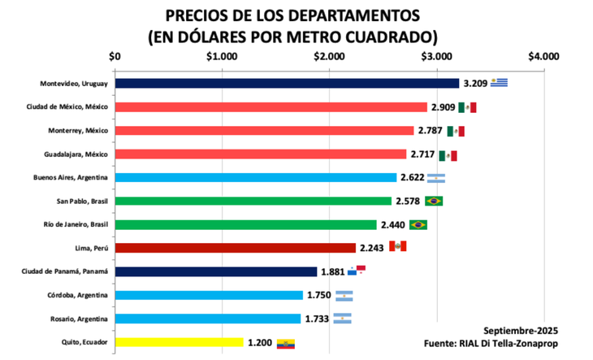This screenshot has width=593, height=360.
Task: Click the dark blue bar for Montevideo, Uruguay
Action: [286, 83]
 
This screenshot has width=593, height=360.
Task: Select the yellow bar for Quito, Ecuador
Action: [179, 342]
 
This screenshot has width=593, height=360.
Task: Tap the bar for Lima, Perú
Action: [235, 248]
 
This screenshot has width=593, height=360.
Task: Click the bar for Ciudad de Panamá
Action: [215, 271]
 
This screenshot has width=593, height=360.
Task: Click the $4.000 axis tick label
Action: [543, 57]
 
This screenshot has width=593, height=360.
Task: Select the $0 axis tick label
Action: [115, 57]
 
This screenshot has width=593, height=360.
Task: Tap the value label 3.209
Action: [475, 83]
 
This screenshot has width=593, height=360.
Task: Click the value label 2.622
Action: [412, 177]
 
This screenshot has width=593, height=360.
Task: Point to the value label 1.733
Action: [316, 319]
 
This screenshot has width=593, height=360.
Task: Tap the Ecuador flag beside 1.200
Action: [286, 343]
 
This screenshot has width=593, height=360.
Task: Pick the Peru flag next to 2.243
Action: [397, 247]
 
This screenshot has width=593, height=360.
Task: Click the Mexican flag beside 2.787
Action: [456, 131]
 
